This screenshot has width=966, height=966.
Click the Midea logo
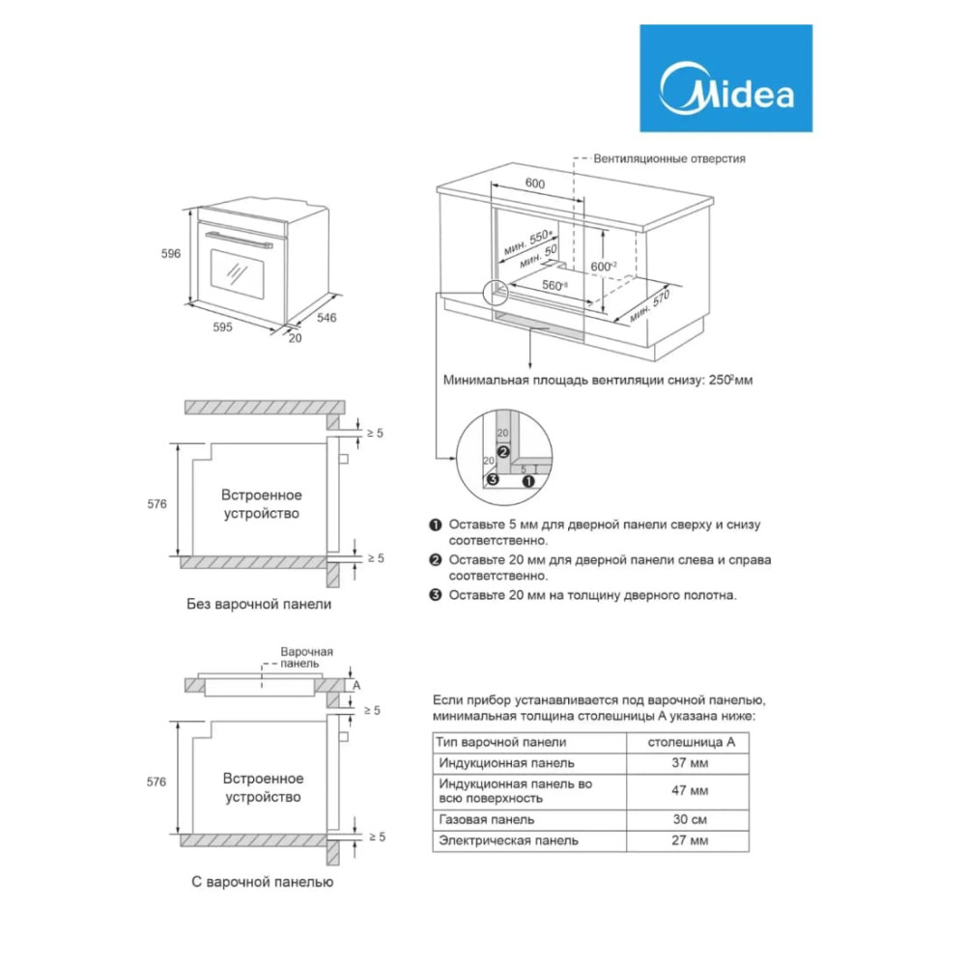coord(725,78)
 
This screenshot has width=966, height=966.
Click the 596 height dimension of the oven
coord(171,253)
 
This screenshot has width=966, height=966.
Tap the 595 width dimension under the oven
coord(222,327)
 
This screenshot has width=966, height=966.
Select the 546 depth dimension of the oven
coord(327,317)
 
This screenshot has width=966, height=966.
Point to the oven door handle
coord(239,240)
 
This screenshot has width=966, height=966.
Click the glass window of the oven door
coord(238,274)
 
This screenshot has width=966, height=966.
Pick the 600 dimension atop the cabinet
coord(535,184)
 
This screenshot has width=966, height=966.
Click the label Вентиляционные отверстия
coord(669,158)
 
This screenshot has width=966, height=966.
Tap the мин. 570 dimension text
coord(650,307)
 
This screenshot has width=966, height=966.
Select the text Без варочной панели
coord(259,604)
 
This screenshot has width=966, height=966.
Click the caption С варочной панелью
coord(263,882)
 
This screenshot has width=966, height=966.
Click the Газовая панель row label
coord(487,819)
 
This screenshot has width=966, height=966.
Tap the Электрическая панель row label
coord(508,840)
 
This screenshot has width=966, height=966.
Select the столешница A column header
coord(692,742)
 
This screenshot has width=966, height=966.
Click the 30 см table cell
coord(690,819)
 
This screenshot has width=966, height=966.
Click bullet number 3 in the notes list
coord(436,595)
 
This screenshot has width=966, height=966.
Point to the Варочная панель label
coord(306,657)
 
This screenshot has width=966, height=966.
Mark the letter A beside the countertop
coord(356,685)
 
